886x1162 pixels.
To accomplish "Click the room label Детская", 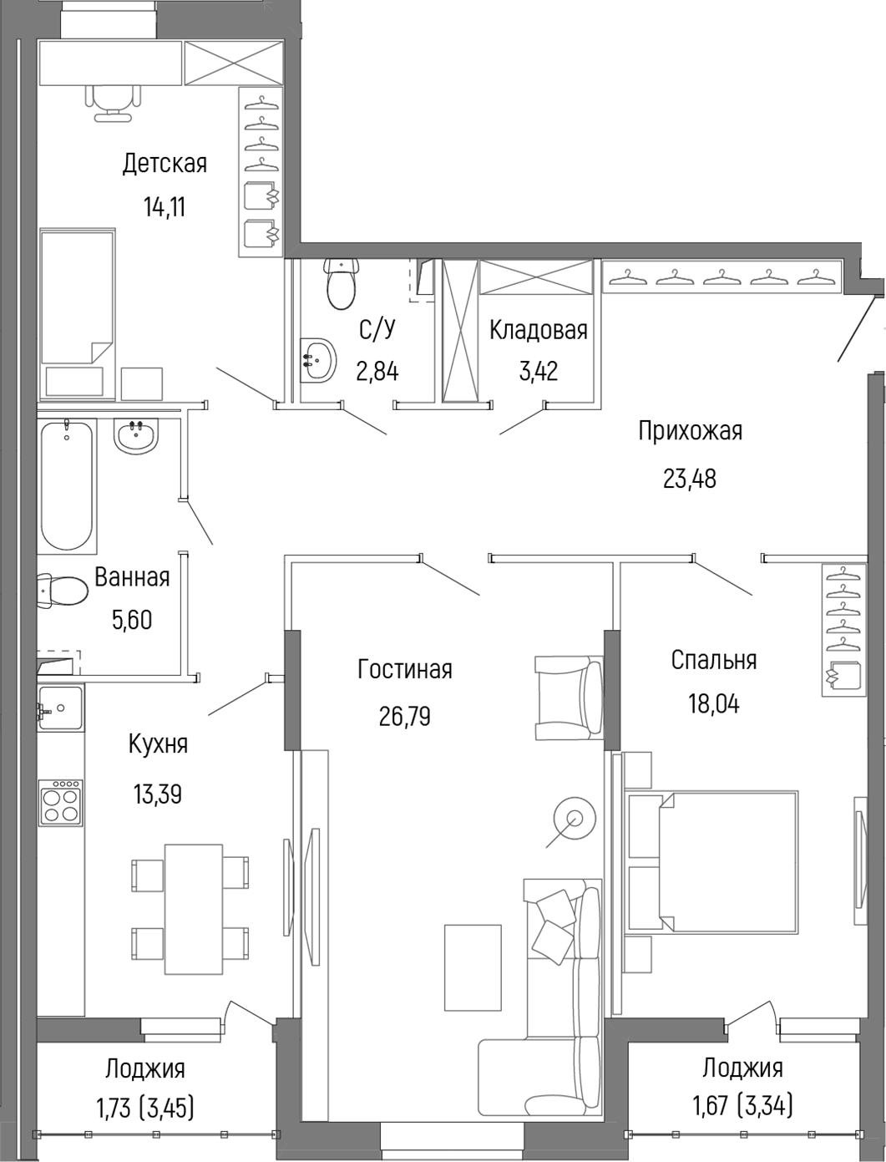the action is (165, 164).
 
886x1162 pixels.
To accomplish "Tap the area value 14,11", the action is (165, 207).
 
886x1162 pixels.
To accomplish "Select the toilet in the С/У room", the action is (342, 284).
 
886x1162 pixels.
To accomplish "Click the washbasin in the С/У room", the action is (318, 360).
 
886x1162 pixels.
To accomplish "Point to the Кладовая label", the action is (539, 330).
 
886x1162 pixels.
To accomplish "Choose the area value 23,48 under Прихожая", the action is (690, 479).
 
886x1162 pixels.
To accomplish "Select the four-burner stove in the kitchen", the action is (61, 802).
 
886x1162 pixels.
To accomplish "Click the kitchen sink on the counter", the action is (60, 708).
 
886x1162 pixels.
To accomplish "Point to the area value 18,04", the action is (714, 703).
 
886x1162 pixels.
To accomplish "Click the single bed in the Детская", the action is (77, 314).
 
